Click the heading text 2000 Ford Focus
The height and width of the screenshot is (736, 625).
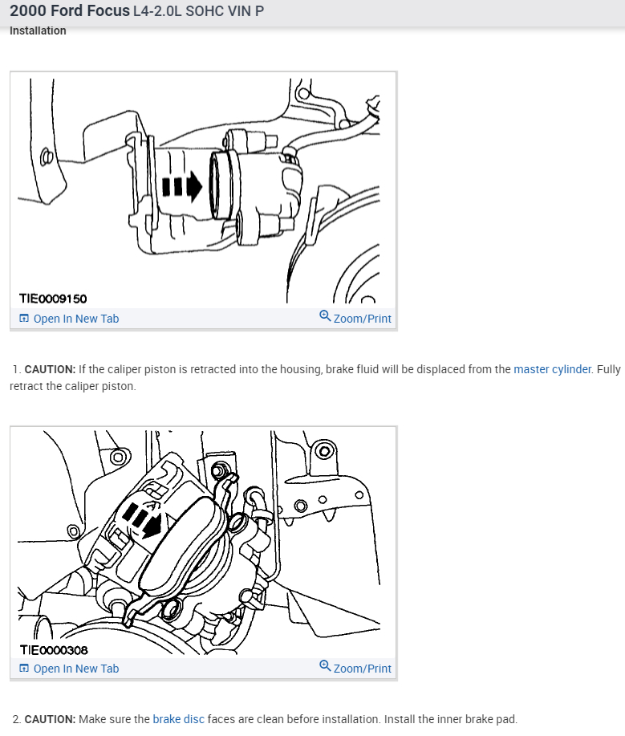click(x=69, y=11)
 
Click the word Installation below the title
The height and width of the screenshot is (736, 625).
click(x=38, y=30)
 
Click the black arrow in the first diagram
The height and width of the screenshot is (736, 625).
click(x=182, y=187)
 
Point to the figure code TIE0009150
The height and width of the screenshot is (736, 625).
click(x=53, y=299)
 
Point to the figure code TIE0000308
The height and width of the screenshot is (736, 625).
click(x=53, y=649)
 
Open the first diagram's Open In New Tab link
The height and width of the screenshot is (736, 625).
click(x=75, y=319)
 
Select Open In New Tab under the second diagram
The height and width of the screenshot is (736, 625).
click(x=75, y=669)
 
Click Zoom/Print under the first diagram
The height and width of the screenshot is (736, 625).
click(x=362, y=319)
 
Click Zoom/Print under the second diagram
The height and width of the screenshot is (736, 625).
click(x=362, y=669)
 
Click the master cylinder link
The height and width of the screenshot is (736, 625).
click(x=552, y=369)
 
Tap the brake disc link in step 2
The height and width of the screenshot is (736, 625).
click(x=178, y=719)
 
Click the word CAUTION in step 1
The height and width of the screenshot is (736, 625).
click(x=50, y=369)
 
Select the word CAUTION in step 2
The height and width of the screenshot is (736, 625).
click(x=50, y=719)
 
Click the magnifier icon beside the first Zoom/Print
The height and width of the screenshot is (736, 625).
click(x=325, y=316)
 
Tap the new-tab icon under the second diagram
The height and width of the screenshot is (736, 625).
click(x=24, y=669)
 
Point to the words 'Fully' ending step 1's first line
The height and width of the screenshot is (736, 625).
click(x=608, y=369)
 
